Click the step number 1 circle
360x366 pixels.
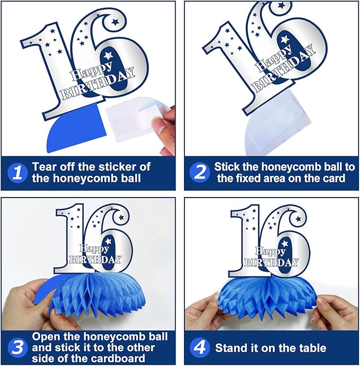17,173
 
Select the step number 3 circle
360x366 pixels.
17,348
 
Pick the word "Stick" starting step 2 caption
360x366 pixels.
229,166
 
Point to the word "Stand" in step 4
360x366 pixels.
232,348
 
